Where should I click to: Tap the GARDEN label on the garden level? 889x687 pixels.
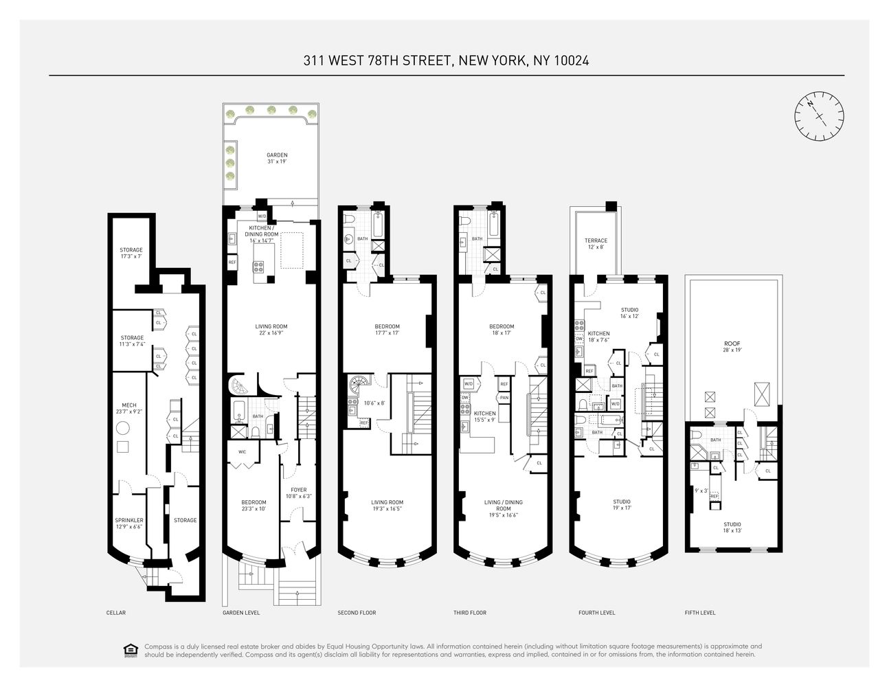click(277, 155)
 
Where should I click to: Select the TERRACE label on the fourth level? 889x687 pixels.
click(596, 241)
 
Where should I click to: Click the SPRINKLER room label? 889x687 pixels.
click(129, 520)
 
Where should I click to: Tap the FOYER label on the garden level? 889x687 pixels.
click(299, 490)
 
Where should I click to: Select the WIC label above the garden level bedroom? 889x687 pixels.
click(242, 452)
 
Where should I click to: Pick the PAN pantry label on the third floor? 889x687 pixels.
click(504, 398)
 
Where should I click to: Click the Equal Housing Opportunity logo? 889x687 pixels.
click(129, 650)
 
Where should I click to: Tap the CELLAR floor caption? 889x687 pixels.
click(116, 613)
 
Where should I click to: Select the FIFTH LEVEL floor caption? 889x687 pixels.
click(700, 613)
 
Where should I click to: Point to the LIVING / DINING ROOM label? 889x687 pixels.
click(504, 506)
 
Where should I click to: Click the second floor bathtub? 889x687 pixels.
click(378, 224)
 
